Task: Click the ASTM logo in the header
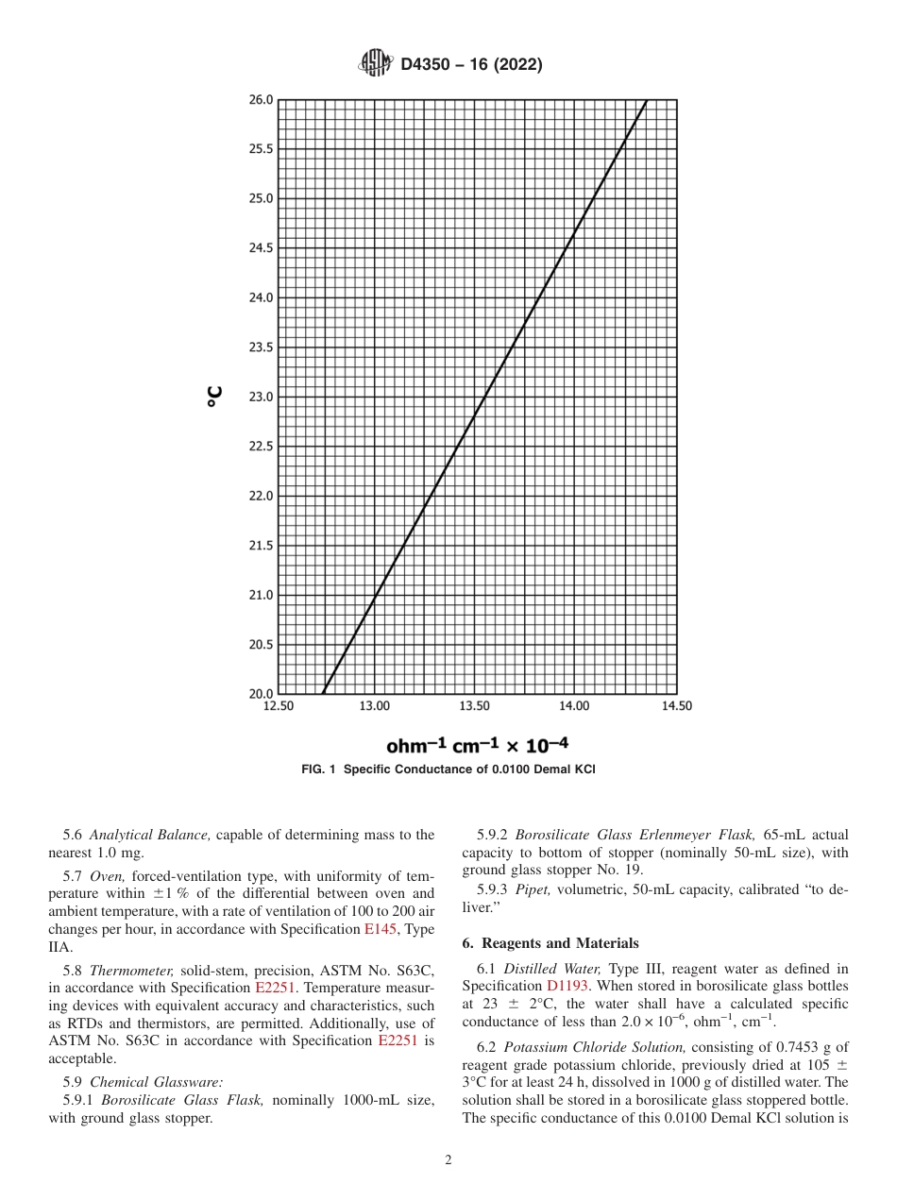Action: point(375,64)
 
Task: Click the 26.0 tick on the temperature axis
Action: point(261,100)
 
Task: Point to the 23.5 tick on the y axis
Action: point(261,347)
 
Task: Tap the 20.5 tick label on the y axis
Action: point(261,645)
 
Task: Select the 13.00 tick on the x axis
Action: point(375,706)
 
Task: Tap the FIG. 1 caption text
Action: point(448,770)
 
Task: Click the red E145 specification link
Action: point(376,929)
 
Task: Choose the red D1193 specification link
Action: point(567,985)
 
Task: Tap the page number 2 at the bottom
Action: point(448,1160)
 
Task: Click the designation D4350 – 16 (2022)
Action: point(471,66)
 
